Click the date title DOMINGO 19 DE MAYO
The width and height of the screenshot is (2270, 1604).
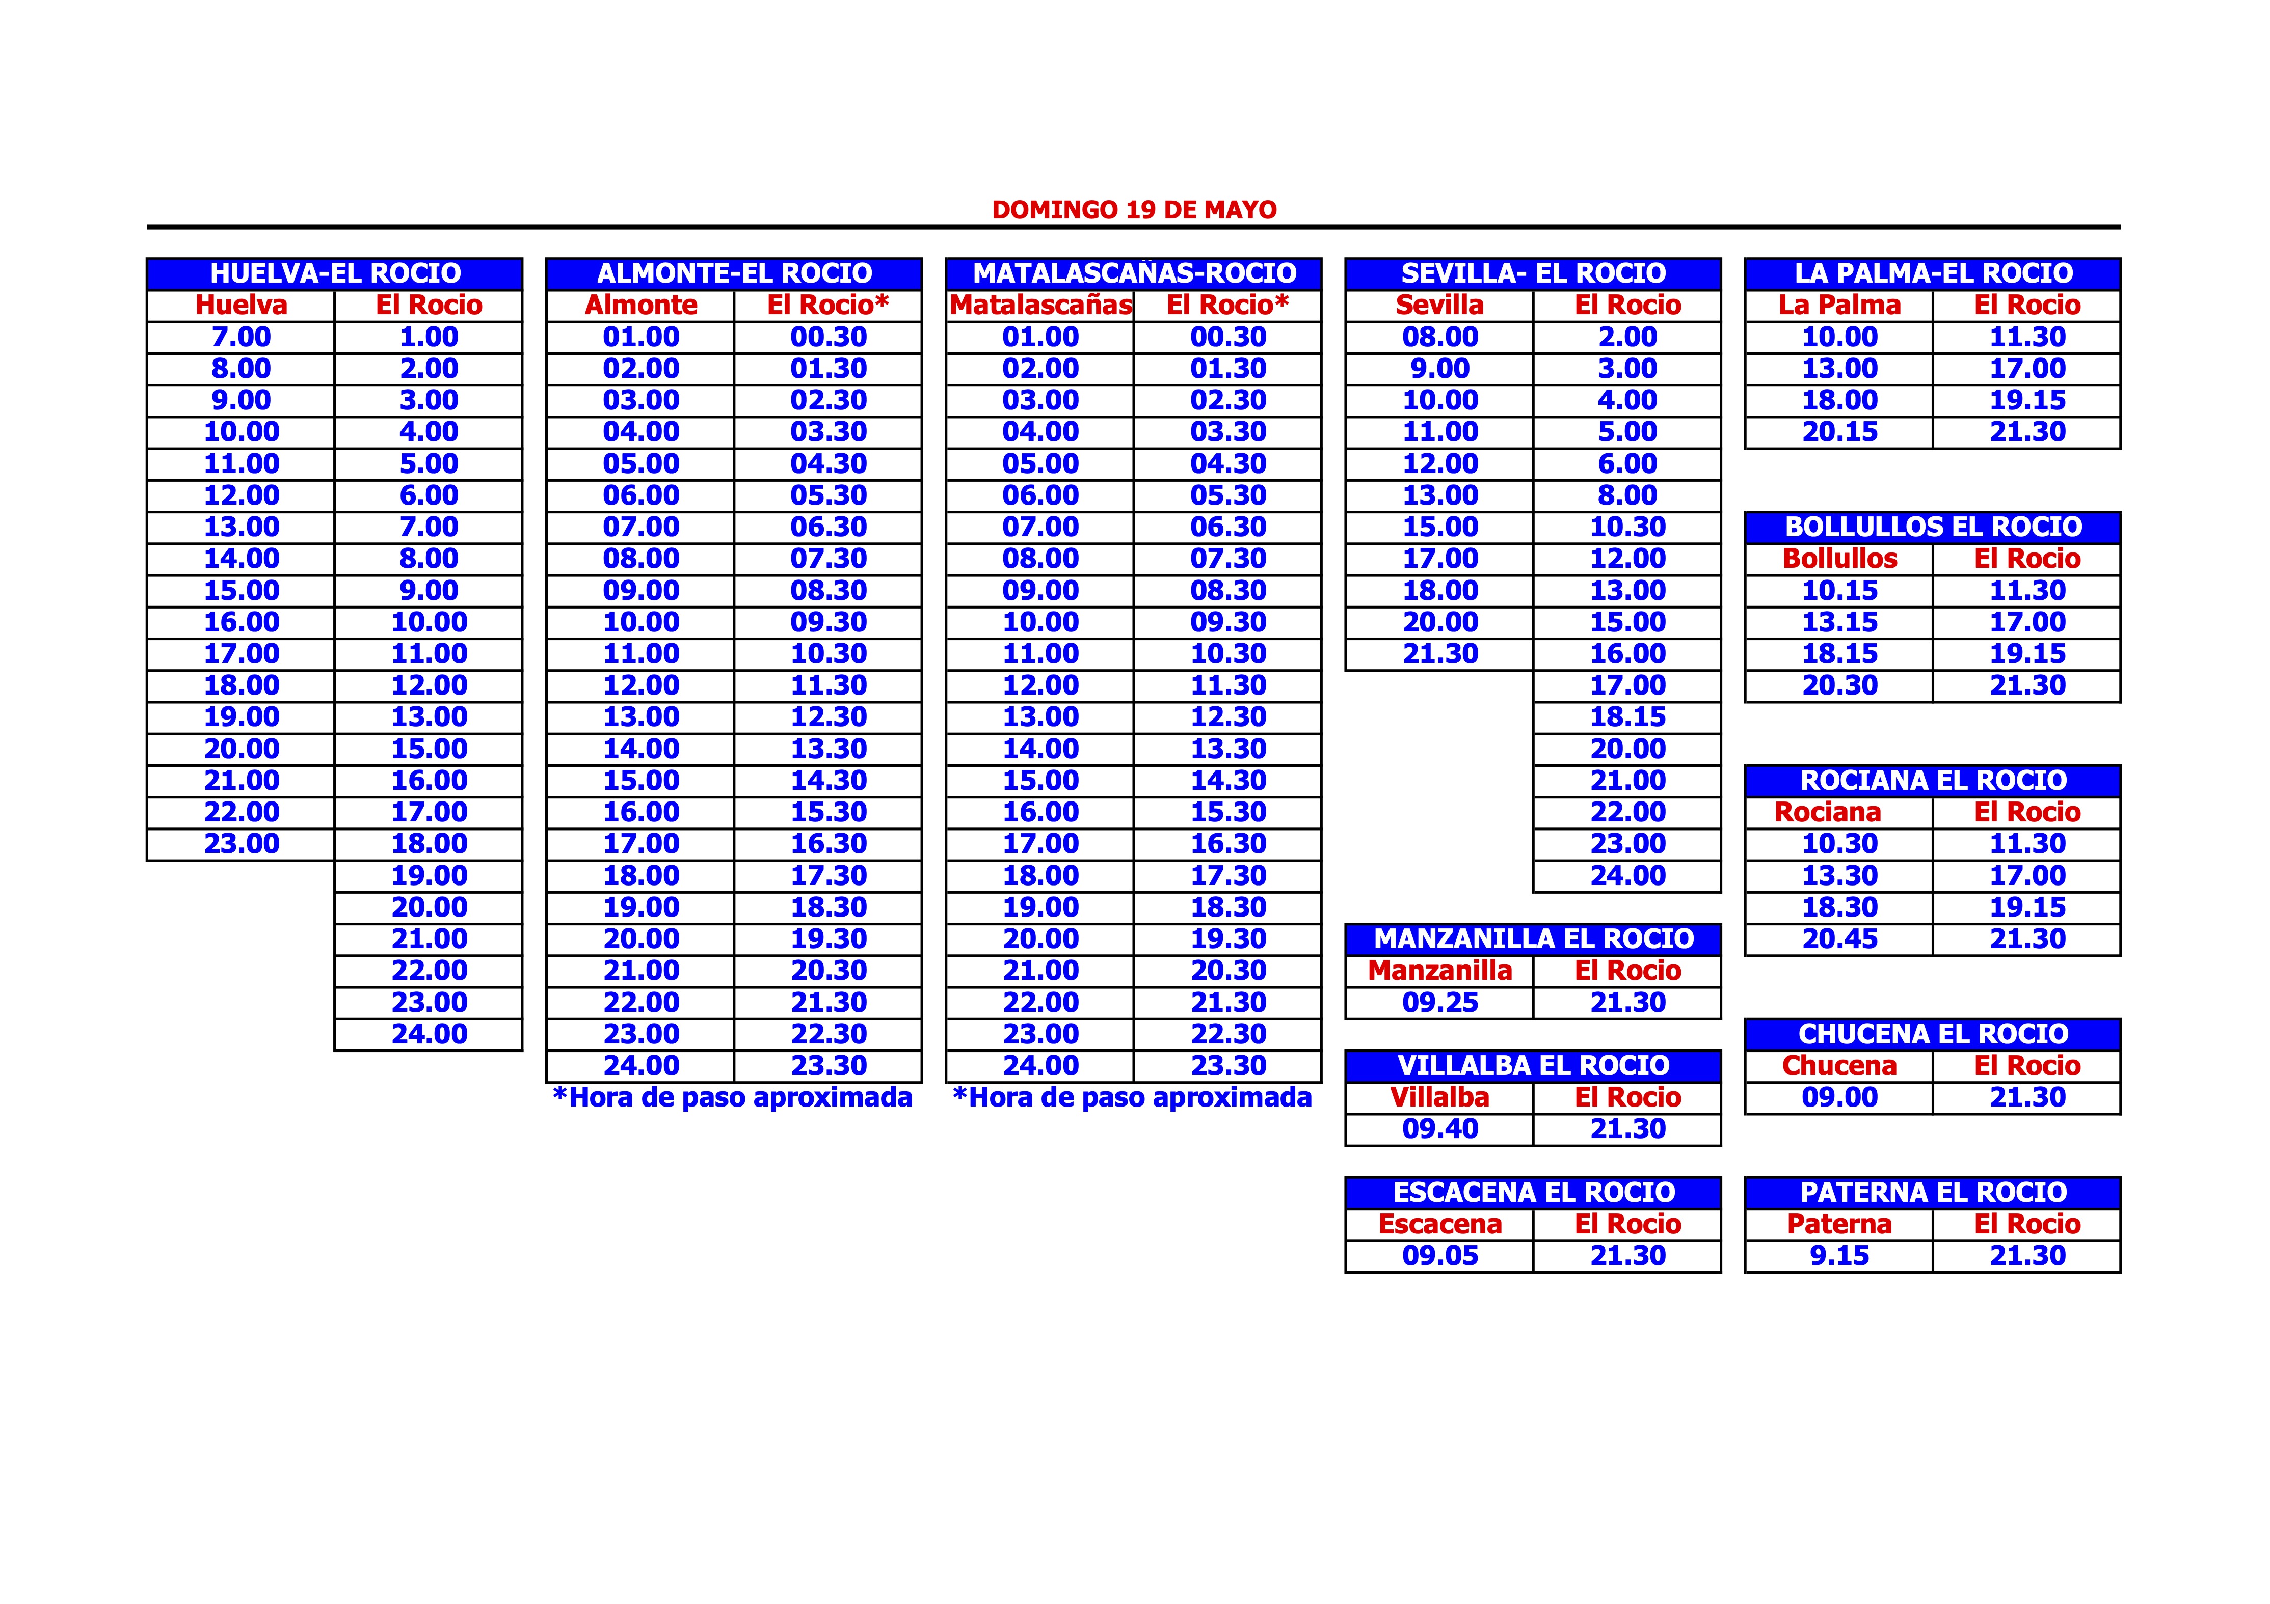click(1134, 209)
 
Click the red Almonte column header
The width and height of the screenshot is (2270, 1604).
click(640, 306)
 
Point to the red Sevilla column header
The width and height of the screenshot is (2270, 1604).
click(1439, 306)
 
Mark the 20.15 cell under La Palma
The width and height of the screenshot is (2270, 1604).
click(1839, 432)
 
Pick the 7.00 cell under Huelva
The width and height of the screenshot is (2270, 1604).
click(241, 337)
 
